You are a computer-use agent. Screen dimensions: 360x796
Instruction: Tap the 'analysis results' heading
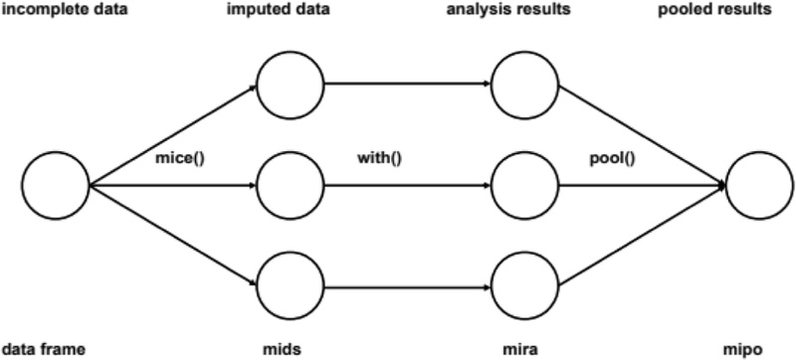(522, 12)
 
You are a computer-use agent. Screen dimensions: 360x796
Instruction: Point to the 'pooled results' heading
(744, 12)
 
